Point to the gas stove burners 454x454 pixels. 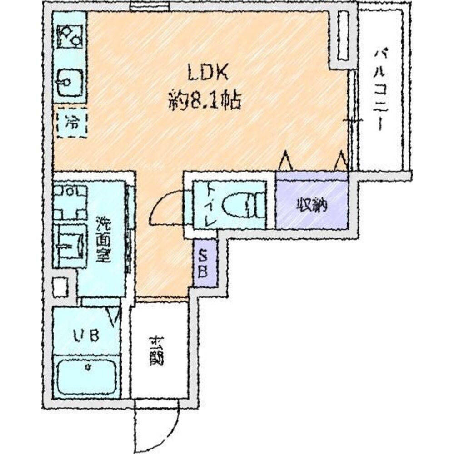70,36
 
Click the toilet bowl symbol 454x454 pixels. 243,205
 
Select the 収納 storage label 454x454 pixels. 311,206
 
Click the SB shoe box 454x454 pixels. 205,264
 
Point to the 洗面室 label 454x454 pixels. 103,240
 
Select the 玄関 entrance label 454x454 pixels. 156,350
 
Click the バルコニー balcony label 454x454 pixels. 380,90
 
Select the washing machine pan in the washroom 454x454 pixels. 70,202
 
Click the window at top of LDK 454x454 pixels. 149,6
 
